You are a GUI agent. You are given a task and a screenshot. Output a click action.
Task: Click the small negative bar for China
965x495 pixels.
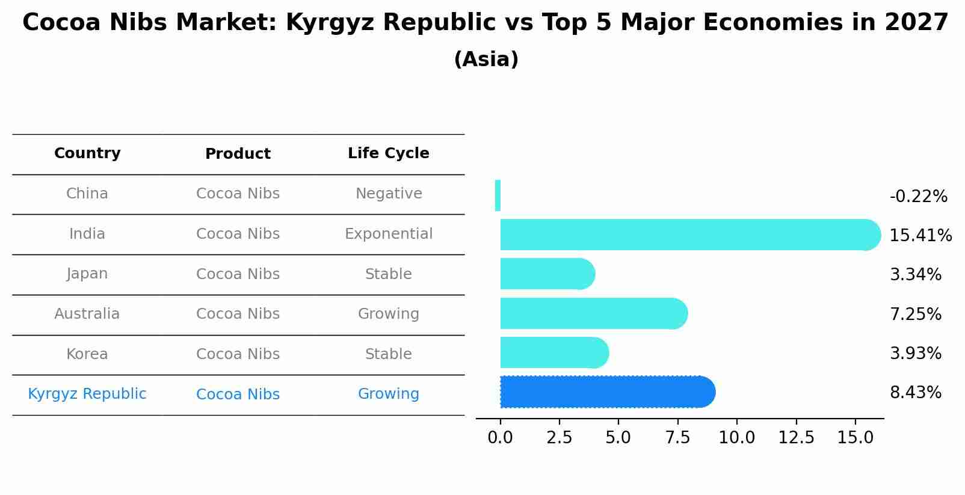tap(498, 195)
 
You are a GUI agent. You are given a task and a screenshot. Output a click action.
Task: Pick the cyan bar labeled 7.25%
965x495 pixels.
tap(593, 313)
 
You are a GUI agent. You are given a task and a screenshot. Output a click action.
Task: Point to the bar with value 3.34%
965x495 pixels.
tap(546, 274)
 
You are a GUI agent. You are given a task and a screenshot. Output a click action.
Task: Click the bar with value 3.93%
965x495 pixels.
tap(553, 352)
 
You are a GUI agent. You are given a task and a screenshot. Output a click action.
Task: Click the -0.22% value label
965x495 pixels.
tap(918, 197)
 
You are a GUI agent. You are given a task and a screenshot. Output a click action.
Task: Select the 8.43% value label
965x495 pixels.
tap(915, 393)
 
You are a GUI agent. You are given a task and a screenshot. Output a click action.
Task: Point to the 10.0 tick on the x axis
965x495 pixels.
tap(736, 438)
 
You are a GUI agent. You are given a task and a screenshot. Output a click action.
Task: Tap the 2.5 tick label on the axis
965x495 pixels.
tap(559, 438)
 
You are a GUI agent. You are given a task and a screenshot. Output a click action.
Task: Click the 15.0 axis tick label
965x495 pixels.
tap(855, 438)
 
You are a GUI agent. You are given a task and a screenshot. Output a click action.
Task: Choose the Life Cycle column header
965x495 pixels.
tap(388, 153)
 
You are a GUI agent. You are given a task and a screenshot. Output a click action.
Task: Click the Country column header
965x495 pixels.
tap(87, 153)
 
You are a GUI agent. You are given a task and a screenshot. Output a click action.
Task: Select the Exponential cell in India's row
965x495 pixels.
tap(388, 234)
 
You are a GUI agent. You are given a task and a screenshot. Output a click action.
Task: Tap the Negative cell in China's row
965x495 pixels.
tap(388, 194)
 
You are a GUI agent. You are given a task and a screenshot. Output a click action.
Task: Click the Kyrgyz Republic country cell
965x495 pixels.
tap(87, 394)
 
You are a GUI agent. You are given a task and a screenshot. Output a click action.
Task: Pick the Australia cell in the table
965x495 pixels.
tap(87, 314)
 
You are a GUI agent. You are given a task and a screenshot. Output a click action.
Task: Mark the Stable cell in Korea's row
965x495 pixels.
tap(388, 354)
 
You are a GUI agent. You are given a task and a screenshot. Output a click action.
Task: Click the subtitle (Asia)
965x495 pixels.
tap(486, 60)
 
